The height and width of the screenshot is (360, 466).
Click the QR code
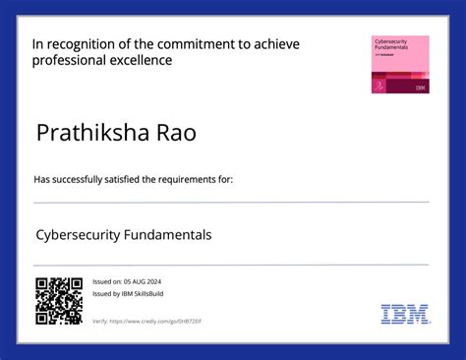pos(58,301)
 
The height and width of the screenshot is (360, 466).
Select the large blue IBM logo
pos(404,315)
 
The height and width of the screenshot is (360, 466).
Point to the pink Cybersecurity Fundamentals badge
pos(399,65)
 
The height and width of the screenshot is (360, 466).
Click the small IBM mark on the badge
pos(420,88)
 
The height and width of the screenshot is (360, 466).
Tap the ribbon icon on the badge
pos(379,86)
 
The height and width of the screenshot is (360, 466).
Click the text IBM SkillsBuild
pos(144,294)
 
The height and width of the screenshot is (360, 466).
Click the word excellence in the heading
pos(141,61)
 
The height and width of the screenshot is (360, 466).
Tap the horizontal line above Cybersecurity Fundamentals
pos(231,203)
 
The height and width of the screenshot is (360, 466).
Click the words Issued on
pos(107,281)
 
